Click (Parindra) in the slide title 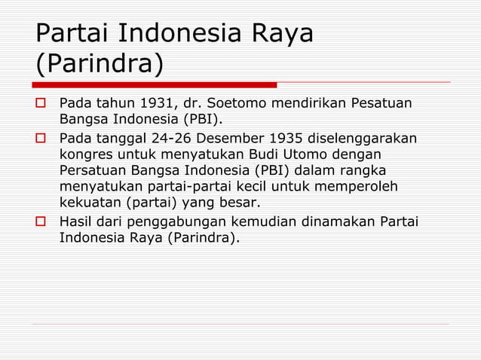point(99,63)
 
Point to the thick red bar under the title point(155,84)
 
